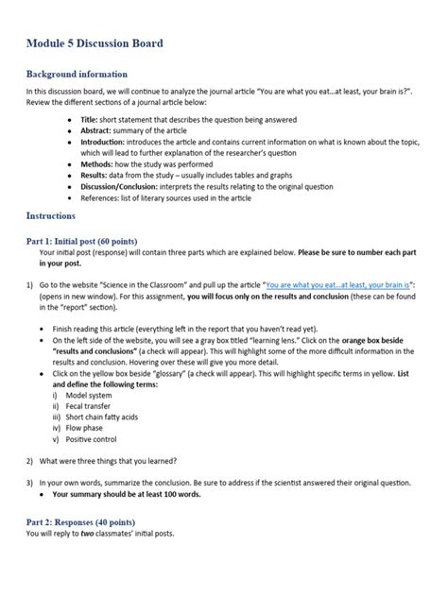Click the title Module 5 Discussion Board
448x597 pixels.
[94, 43]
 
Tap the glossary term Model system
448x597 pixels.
[93, 395]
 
